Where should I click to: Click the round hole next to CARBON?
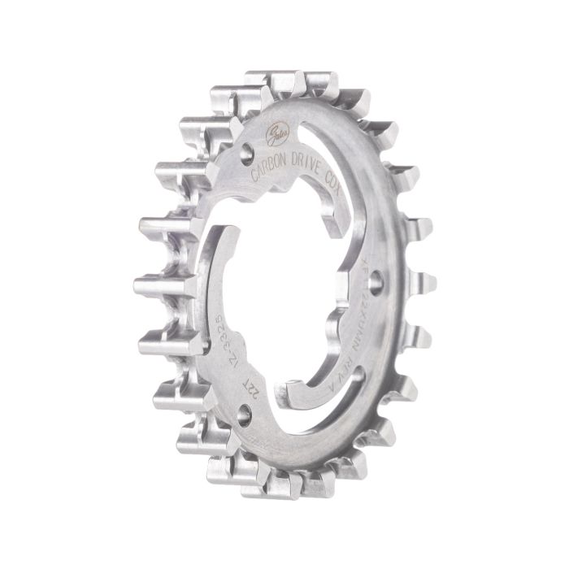click(x=247, y=151)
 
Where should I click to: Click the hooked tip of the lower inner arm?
click(x=293, y=395)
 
